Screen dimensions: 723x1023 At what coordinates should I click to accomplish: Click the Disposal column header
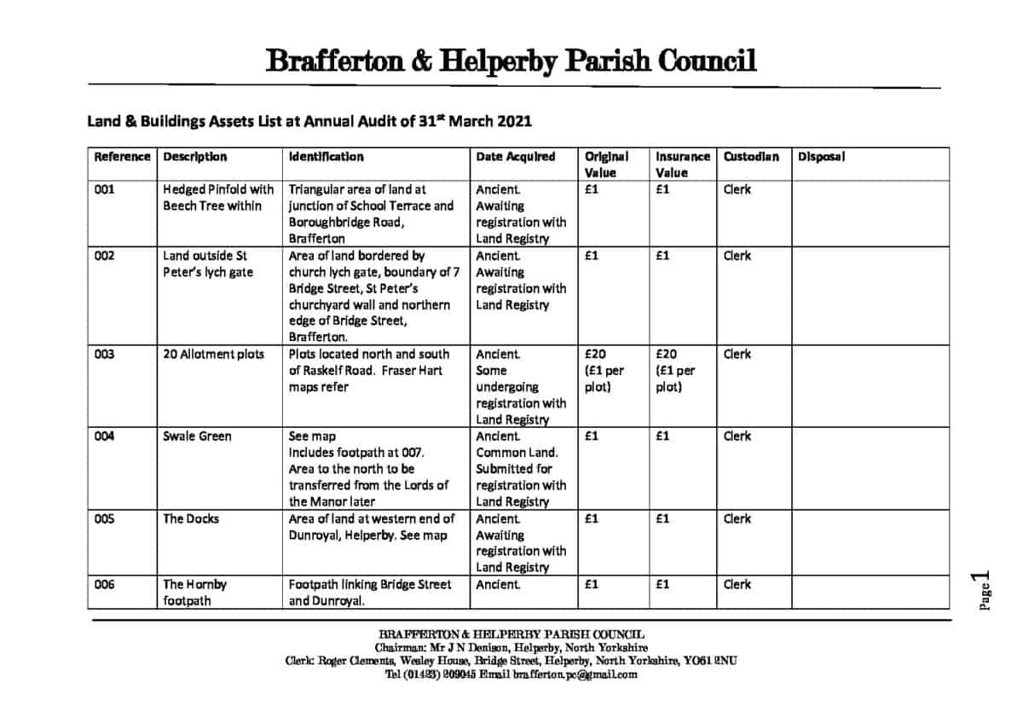pos(821,157)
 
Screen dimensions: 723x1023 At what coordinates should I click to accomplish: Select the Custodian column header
pos(751,157)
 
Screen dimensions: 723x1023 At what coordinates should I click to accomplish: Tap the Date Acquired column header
pos(515,157)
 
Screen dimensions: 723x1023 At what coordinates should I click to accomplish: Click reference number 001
pos(104,190)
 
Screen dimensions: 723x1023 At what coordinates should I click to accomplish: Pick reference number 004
pos(104,437)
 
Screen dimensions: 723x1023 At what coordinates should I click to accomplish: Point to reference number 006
pos(104,585)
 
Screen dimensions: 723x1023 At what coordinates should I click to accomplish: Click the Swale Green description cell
pos(197,437)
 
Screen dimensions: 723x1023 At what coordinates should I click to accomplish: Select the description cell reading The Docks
pos(191,519)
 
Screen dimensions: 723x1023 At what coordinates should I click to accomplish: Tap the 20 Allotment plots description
pos(213,355)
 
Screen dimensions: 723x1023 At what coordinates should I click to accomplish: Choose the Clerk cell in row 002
pos(737,256)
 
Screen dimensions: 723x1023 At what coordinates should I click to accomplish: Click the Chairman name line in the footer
pos(511,648)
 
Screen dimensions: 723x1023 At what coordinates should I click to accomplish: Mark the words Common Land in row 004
pos(517,453)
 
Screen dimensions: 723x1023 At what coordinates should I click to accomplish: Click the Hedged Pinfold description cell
pos(218,198)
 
